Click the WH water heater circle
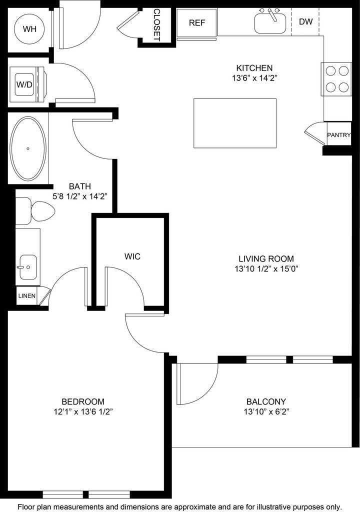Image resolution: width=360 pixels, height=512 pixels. click(28, 28)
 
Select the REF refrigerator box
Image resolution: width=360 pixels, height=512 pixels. click(196, 22)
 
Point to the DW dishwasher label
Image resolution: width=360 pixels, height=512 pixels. click(306, 21)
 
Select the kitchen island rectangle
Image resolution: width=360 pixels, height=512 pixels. click(235, 123)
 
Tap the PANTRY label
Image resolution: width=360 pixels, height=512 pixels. click(339, 135)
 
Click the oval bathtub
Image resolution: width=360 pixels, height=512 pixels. click(28, 149)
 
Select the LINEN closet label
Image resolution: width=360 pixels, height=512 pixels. click(27, 296)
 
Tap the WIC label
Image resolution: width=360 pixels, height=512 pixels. click(132, 256)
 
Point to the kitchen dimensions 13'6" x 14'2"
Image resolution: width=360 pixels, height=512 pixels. click(255, 78)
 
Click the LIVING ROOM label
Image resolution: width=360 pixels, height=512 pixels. click(261, 258)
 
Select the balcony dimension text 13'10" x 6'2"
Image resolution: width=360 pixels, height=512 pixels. click(266, 412)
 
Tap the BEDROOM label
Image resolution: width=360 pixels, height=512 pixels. click(83, 401)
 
